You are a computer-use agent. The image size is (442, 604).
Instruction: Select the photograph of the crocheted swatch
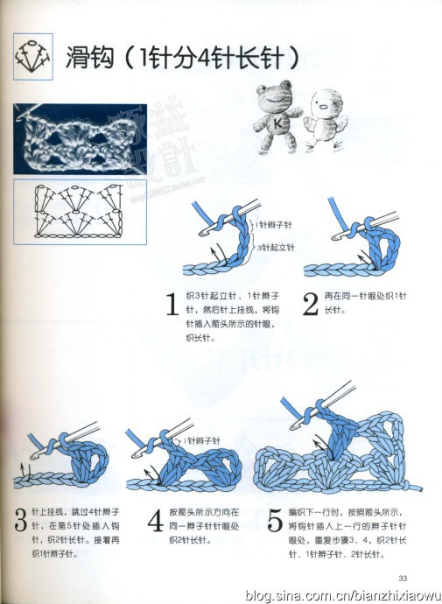[74, 138]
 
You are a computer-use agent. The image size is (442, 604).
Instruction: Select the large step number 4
[155, 522]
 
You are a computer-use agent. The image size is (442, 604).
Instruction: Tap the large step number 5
[274, 522]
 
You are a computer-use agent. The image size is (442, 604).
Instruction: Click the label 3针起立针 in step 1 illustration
[276, 248]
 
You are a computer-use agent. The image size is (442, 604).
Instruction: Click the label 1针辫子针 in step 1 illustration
[276, 225]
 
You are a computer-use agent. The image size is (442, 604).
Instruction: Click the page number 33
[403, 578]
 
